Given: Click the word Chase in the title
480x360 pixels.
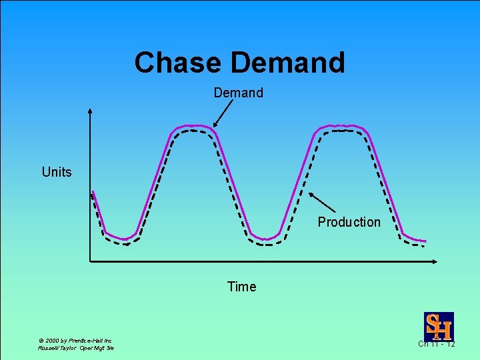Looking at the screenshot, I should tap(178, 63).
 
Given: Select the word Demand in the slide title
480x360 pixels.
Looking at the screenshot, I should tap(288, 63).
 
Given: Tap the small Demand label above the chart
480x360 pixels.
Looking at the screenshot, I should tap(238, 93).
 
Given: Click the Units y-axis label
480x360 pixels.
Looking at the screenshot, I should tap(57, 172).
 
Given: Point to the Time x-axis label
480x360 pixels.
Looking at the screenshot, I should tap(241, 287).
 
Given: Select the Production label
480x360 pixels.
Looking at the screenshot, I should tap(349, 222).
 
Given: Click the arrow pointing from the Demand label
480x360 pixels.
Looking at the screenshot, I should tap(223, 113).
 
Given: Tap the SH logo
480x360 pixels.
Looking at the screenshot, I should tap(438, 327).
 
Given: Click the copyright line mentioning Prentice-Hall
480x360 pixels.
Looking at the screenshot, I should tap(75, 340).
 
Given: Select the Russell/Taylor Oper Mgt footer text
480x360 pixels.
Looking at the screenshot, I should tap(75, 348).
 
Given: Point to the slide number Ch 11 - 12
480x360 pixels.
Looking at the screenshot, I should tap(437, 344).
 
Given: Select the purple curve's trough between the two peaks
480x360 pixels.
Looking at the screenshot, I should tap(265, 239).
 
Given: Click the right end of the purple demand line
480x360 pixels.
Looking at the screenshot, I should tap(425, 240).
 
